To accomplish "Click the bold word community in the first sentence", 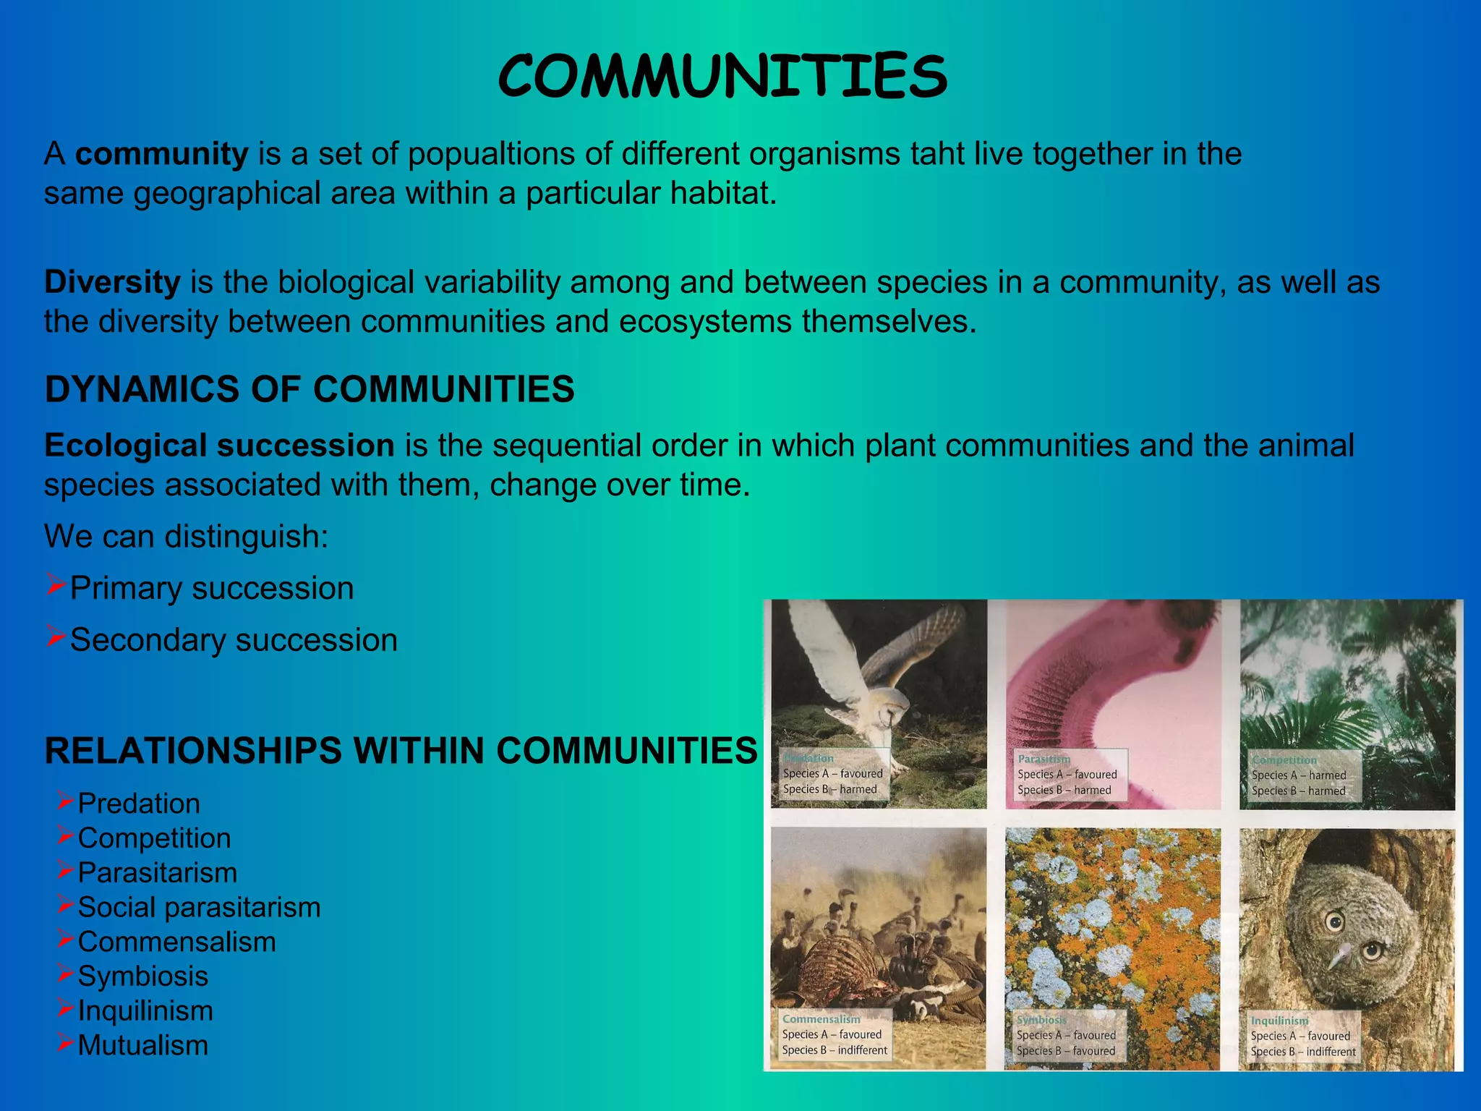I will [162, 154].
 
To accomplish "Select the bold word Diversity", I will [112, 282].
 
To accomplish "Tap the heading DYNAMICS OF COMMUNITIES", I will [310, 389].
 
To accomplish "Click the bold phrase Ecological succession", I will [219, 446].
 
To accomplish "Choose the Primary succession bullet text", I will [212, 588].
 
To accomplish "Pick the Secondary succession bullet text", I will [234, 640].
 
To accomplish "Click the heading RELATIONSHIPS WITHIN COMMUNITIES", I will [401, 750].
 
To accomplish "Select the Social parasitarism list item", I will [199, 907].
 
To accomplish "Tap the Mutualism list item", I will [143, 1045].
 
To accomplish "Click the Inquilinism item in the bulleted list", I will [145, 1010].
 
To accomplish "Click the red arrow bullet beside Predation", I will [65, 800].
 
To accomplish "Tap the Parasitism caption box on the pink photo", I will [1067, 775].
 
